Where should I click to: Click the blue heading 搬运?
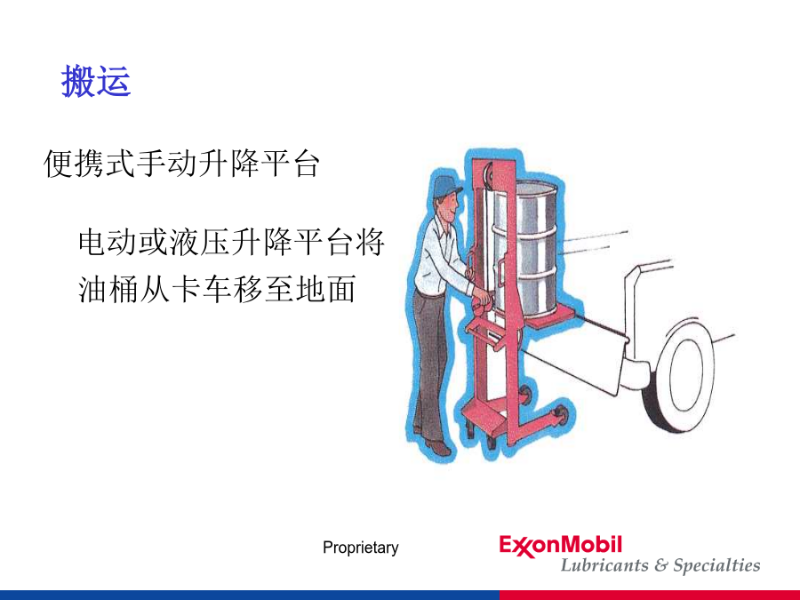pos(96,81)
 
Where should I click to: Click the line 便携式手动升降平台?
pos(182,164)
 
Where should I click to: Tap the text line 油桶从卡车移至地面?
pos(217,289)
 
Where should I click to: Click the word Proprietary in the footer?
pos(361,548)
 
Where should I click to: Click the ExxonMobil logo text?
pos(561,546)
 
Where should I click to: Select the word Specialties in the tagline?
pos(716,565)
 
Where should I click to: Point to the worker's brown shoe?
pos(437,447)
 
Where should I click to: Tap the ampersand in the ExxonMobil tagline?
pos(660,564)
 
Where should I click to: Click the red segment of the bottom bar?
pos(650,595)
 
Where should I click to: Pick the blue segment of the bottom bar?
pos(250,595)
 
